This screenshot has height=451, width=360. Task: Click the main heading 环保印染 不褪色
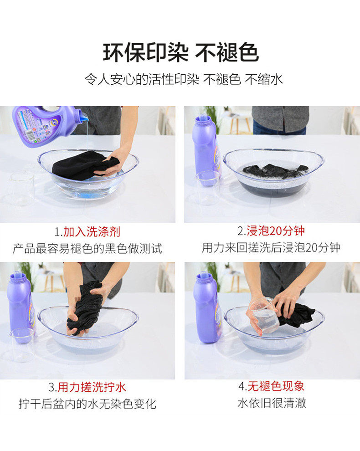tap(181, 53)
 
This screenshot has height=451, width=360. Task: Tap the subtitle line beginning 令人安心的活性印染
tap(184, 79)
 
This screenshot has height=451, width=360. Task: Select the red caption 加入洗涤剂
tap(92, 232)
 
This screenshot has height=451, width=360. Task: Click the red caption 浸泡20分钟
tap(275, 231)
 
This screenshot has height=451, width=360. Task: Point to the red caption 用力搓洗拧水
tap(92, 387)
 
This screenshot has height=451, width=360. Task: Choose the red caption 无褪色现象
tap(276, 386)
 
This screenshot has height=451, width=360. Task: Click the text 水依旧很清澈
tap(272, 403)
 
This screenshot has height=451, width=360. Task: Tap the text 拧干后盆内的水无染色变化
tap(87, 404)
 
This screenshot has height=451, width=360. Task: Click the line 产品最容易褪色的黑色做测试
tap(87, 249)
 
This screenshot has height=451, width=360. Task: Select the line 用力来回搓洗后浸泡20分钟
tap(271, 248)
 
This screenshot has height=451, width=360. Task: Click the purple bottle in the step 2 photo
tap(205, 149)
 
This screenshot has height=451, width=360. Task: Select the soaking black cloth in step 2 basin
tap(275, 171)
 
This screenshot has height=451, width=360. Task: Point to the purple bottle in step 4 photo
tap(206, 308)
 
